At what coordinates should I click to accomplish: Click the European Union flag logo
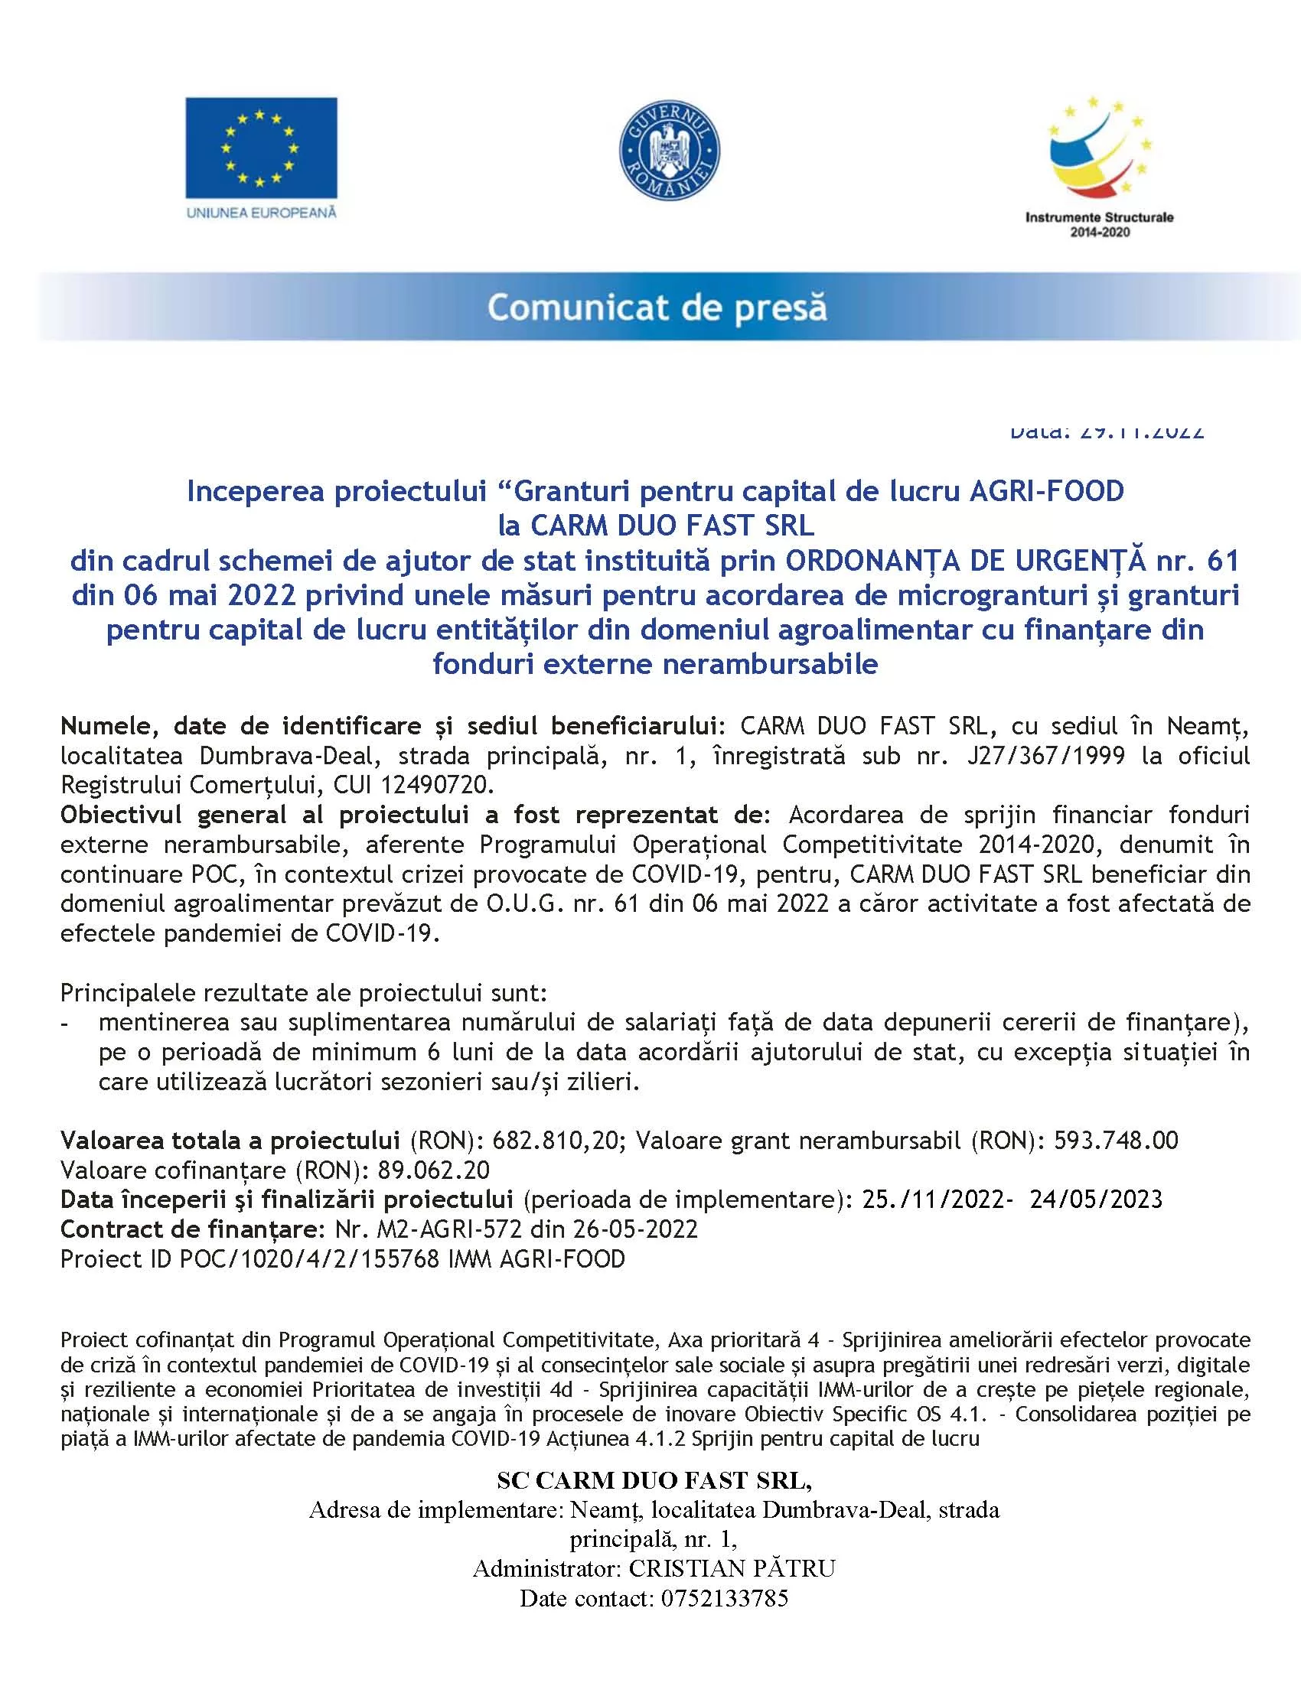260,148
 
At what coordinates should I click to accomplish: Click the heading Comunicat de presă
657,308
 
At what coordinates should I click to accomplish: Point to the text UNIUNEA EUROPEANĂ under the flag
261,213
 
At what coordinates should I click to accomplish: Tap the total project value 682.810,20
556,1140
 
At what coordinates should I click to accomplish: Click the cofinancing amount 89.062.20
433,1170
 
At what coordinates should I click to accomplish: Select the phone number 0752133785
724,1598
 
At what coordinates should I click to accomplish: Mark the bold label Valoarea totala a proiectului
230,1140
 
